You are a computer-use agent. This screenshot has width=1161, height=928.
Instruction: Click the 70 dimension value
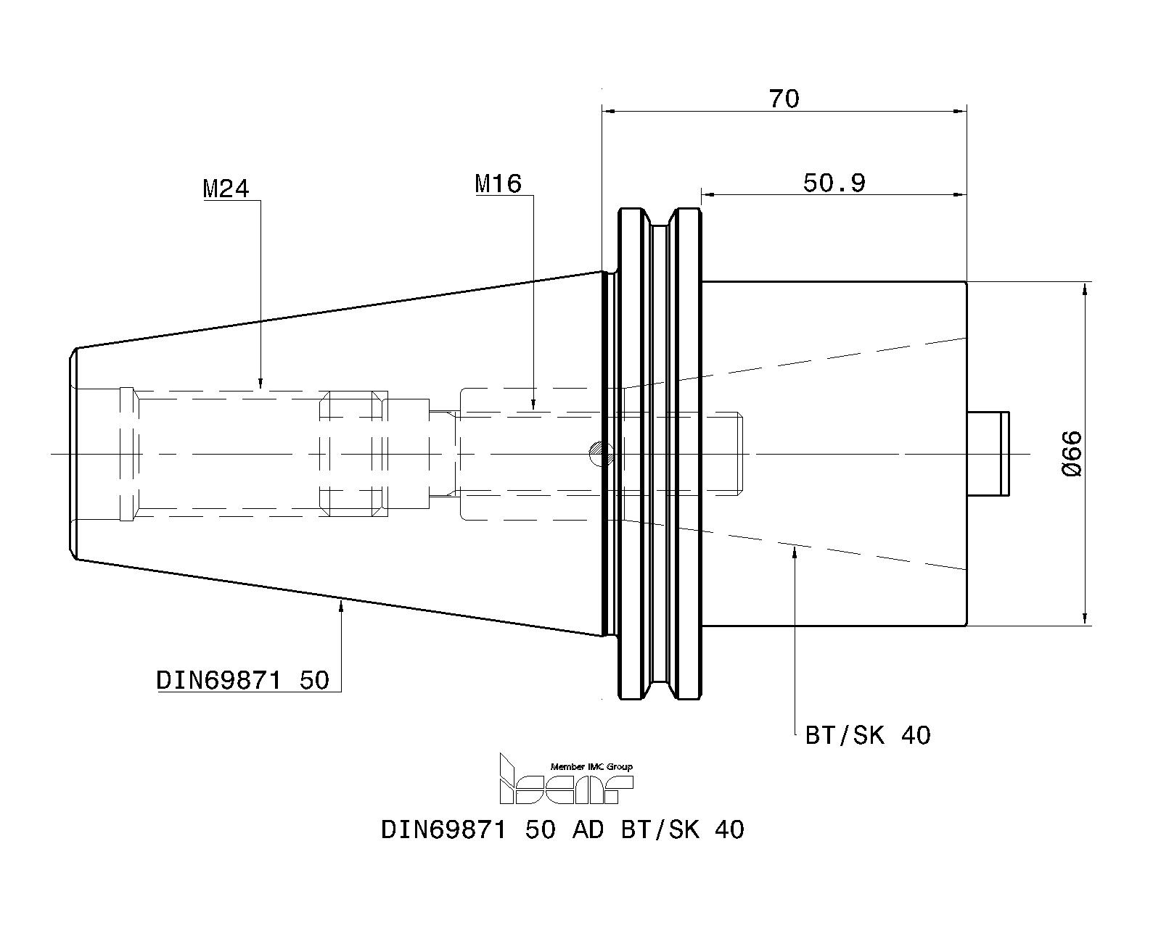point(784,99)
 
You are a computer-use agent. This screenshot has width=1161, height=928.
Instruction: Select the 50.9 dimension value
point(834,183)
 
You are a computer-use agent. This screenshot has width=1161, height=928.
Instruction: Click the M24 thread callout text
point(226,189)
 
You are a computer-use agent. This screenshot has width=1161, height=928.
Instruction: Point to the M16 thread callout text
point(498,183)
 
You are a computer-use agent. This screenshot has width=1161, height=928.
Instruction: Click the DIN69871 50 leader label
point(242,680)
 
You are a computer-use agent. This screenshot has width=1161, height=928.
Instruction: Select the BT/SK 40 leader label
point(868,735)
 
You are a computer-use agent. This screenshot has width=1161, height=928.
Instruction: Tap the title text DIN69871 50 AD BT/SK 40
point(562,829)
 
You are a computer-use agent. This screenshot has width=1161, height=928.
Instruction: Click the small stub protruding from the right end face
point(988,454)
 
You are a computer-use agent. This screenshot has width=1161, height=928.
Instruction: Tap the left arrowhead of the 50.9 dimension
point(708,194)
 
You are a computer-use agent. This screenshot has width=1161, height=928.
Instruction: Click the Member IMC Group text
point(591,767)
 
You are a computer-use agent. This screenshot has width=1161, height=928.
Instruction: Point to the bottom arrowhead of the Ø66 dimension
point(1085,618)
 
